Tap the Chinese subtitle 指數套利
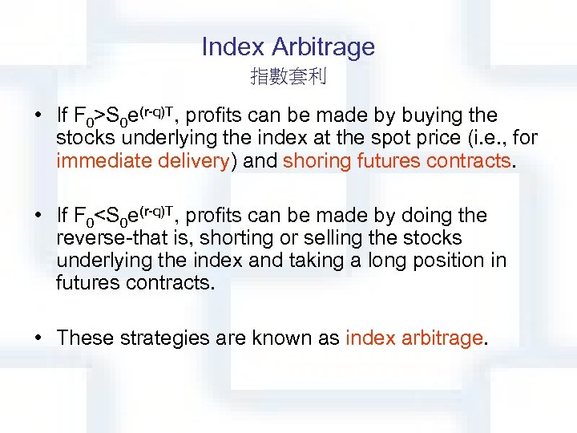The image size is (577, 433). point(288,77)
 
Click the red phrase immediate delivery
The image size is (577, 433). point(143,160)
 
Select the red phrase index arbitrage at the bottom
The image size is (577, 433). point(414,338)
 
